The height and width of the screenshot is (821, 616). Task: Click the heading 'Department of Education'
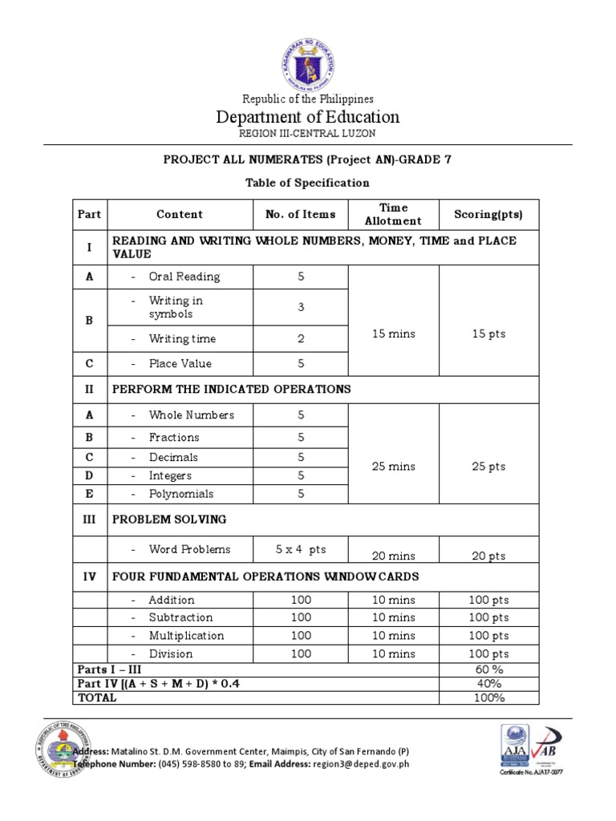tap(308, 117)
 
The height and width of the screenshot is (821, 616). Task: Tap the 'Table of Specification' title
tap(308, 183)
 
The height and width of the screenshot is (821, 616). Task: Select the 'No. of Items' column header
tap(301, 214)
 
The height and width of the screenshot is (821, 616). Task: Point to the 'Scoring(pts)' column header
tap(488, 214)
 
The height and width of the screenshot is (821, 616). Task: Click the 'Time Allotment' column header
tap(393, 214)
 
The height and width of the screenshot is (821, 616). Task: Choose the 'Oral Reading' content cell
tap(184, 277)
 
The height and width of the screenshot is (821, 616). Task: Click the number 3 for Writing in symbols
tap(301, 307)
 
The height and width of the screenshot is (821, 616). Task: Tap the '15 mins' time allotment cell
tap(393, 334)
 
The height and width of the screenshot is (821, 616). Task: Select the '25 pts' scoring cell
tap(488, 467)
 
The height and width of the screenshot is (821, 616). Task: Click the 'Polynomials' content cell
tap(181, 494)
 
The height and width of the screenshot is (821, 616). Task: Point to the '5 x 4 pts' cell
tap(301, 549)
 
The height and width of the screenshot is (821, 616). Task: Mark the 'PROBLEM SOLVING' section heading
tap(169, 520)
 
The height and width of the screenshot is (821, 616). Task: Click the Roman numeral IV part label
tap(90, 576)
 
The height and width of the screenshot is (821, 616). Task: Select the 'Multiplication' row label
tap(186, 636)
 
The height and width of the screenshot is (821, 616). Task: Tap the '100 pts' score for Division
tap(488, 654)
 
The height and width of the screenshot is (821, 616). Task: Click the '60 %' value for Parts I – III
tap(488, 669)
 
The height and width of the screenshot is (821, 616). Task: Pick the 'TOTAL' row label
tap(96, 698)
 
